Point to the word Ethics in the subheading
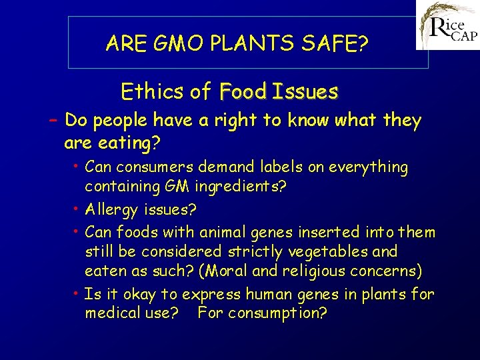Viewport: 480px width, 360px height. pyautogui.click(x=149, y=91)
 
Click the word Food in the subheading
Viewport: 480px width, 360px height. pyautogui.click(x=242, y=91)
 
